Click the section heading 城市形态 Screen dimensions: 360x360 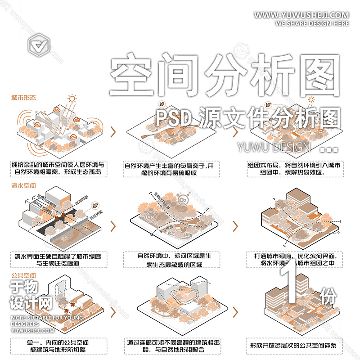tap(23, 97)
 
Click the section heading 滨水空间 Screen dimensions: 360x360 tap(23, 185)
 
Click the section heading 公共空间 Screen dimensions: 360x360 tap(23, 275)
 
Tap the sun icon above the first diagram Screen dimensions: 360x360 tap(71, 98)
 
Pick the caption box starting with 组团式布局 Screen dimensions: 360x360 tap(293, 168)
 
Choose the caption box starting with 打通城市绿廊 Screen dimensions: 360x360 tap(293, 259)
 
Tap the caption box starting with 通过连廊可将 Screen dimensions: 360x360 tap(171, 346)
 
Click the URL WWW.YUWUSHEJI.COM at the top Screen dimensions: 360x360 tap(301, 15)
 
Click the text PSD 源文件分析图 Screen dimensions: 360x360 tap(247, 118)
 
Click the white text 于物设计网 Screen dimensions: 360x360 tap(31, 294)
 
